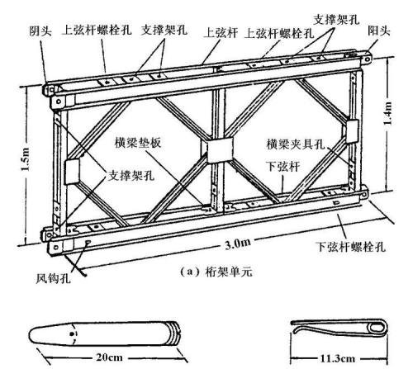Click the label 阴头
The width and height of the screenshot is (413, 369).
[40, 31]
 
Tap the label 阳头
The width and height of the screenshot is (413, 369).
[379, 31]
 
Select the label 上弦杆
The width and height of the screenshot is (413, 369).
[221, 33]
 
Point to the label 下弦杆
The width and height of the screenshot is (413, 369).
[282, 166]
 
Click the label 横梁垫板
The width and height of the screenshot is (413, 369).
[138, 143]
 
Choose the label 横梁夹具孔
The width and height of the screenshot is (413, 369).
[296, 144]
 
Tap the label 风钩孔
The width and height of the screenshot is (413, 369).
[54, 278]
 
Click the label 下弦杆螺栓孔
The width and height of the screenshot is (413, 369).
[350, 247]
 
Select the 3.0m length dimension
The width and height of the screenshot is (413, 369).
[238, 244]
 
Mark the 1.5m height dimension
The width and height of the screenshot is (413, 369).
[26, 159]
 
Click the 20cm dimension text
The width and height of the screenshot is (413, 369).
[109, 357]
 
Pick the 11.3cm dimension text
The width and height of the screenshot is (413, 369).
[338, 358]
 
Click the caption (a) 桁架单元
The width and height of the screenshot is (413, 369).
[216, 272]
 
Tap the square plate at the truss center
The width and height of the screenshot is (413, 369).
[220, 150]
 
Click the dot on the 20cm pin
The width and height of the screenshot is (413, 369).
[72, 334]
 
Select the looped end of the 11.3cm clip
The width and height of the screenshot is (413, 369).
[377, 328]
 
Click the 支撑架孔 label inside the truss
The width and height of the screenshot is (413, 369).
[131, 175]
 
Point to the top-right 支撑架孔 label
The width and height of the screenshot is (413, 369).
[336, 20]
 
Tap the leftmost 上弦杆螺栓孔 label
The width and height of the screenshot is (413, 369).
[97, 30]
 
